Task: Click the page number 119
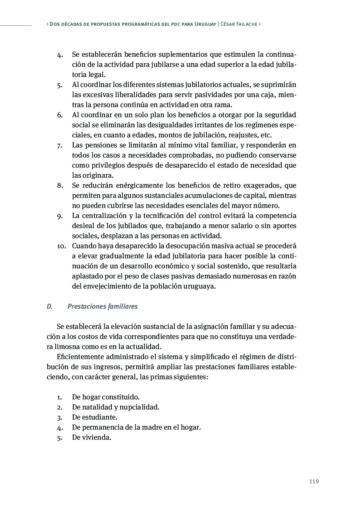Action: coord(314,481)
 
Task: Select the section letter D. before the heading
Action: coord(49,306)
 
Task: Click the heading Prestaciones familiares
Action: coord(102,306)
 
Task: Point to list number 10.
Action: coord(62,246)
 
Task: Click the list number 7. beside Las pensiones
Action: coord(59,145)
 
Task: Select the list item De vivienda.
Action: coord(91,437)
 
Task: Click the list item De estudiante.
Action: coord(94,417)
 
